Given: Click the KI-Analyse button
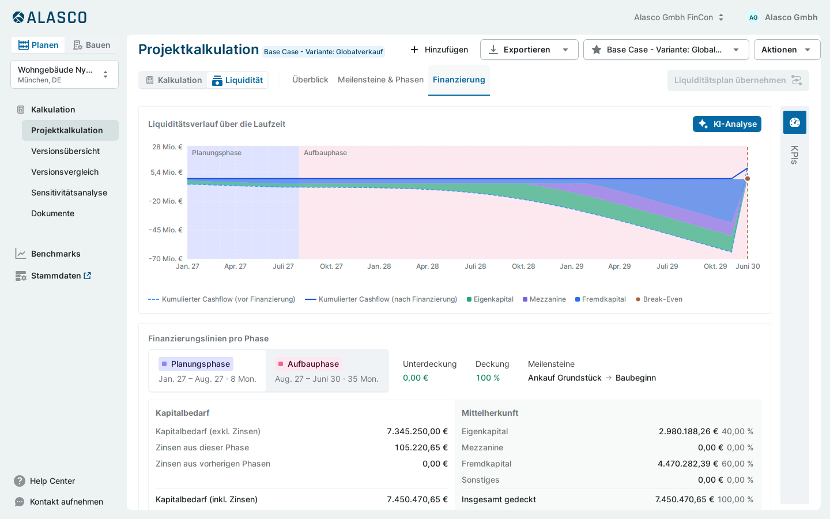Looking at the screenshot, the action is [x=727, y=124].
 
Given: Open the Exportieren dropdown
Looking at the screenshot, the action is [x=529, y=50].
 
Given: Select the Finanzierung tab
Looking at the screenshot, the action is [x=459, y=80].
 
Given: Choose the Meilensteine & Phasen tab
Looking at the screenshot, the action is [x=380, y=80].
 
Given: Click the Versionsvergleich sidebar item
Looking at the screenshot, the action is [x=65, y=172].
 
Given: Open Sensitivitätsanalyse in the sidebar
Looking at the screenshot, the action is [x=69, y=193].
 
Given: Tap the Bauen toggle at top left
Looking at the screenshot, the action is [x=92, y=45].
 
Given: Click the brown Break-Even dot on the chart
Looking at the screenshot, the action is [x=748, y=179].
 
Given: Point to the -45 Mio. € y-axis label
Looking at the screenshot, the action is [x=165, y=230].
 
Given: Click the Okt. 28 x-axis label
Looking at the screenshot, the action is [x=523, y=266].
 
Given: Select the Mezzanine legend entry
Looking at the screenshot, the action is [x=544, y=299].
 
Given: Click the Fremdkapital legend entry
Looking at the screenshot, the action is [x=600, y=299].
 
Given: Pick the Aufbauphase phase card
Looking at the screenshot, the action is [x=327, y=371].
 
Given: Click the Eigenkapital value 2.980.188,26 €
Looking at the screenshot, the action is [x=688, y=431].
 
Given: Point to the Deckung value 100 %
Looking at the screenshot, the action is [x=488, y=378].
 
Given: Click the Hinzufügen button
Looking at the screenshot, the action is [x=439, y=50].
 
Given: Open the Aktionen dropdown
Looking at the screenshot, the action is [x=787, y=50].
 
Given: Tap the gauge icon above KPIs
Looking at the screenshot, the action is [x=794, y=122].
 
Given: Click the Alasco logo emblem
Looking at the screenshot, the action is [x=18, y=17].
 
